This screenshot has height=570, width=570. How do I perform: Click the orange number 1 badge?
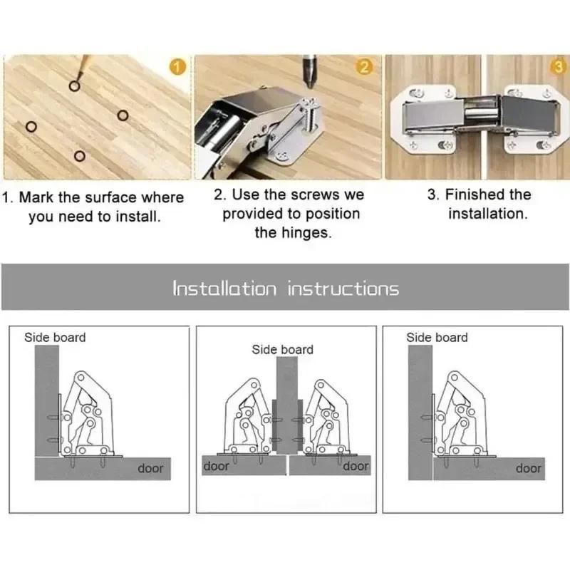[179, 68]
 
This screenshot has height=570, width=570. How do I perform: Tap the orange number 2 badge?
[364, 68]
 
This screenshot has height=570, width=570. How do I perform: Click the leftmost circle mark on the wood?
[31, 128]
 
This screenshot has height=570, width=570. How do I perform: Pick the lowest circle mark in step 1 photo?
[80, 155]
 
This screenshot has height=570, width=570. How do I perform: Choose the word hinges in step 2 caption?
[304, 232]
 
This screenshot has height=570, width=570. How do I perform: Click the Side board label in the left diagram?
[55, 337]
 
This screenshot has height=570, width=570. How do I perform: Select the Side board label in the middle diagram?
[282, 349]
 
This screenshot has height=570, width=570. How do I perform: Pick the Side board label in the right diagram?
[437, 337]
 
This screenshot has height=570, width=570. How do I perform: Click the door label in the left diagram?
[150, 468]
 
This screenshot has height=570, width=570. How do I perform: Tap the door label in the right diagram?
[528, 468]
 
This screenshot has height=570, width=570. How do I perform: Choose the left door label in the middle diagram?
[217, 466]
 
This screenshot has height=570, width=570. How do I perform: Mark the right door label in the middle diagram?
[356, 466]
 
